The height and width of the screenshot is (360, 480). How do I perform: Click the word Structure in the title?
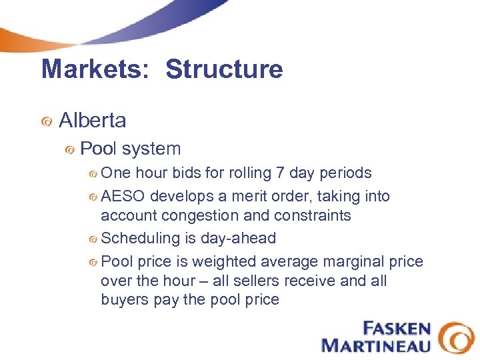pos(224,69)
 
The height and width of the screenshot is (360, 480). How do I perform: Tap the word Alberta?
pos(92,121)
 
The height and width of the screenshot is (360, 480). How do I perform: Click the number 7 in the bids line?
pos(281,173)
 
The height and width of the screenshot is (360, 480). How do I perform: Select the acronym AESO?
pos(123,197)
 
